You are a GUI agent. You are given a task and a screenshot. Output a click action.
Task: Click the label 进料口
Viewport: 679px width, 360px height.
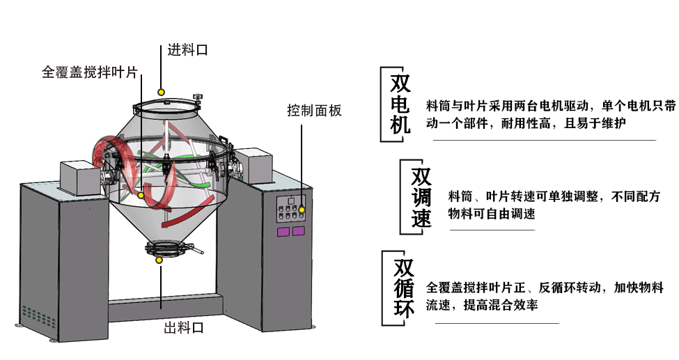187,50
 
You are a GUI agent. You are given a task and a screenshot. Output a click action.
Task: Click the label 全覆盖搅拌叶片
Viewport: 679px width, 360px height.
90,72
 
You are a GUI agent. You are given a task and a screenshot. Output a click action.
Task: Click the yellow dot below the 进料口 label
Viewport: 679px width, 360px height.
162,91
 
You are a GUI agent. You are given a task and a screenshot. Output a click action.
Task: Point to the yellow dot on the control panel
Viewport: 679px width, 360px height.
302,210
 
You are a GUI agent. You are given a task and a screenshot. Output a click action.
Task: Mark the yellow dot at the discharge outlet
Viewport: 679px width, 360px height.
159,260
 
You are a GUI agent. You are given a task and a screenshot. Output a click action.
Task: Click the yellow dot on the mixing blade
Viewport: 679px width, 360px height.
140,195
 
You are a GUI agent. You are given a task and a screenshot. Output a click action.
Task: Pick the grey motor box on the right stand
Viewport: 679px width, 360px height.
252,166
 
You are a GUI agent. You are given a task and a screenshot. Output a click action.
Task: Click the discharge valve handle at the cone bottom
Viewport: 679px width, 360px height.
197,251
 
